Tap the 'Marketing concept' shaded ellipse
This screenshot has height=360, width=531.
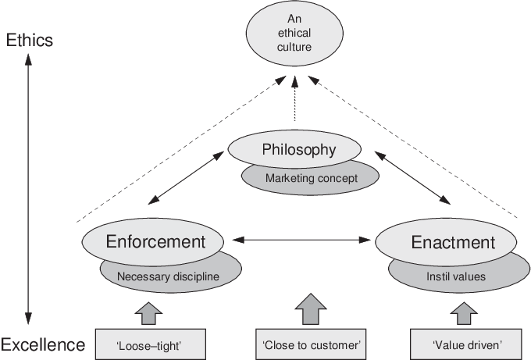click(x=311, y=178)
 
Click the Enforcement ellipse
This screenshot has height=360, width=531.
click(x=155, y=241)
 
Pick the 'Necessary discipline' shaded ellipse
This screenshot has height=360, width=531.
click(x=168, y=276)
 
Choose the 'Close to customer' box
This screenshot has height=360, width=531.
click(x=310, y=344)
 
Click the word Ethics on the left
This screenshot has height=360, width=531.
click(x=30, y=40)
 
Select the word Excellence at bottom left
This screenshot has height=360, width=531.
click(x=43, y=344)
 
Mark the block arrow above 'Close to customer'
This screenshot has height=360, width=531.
click(x=310, y=308)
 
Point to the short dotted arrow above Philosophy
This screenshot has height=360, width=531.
click(x=295, y=103)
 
